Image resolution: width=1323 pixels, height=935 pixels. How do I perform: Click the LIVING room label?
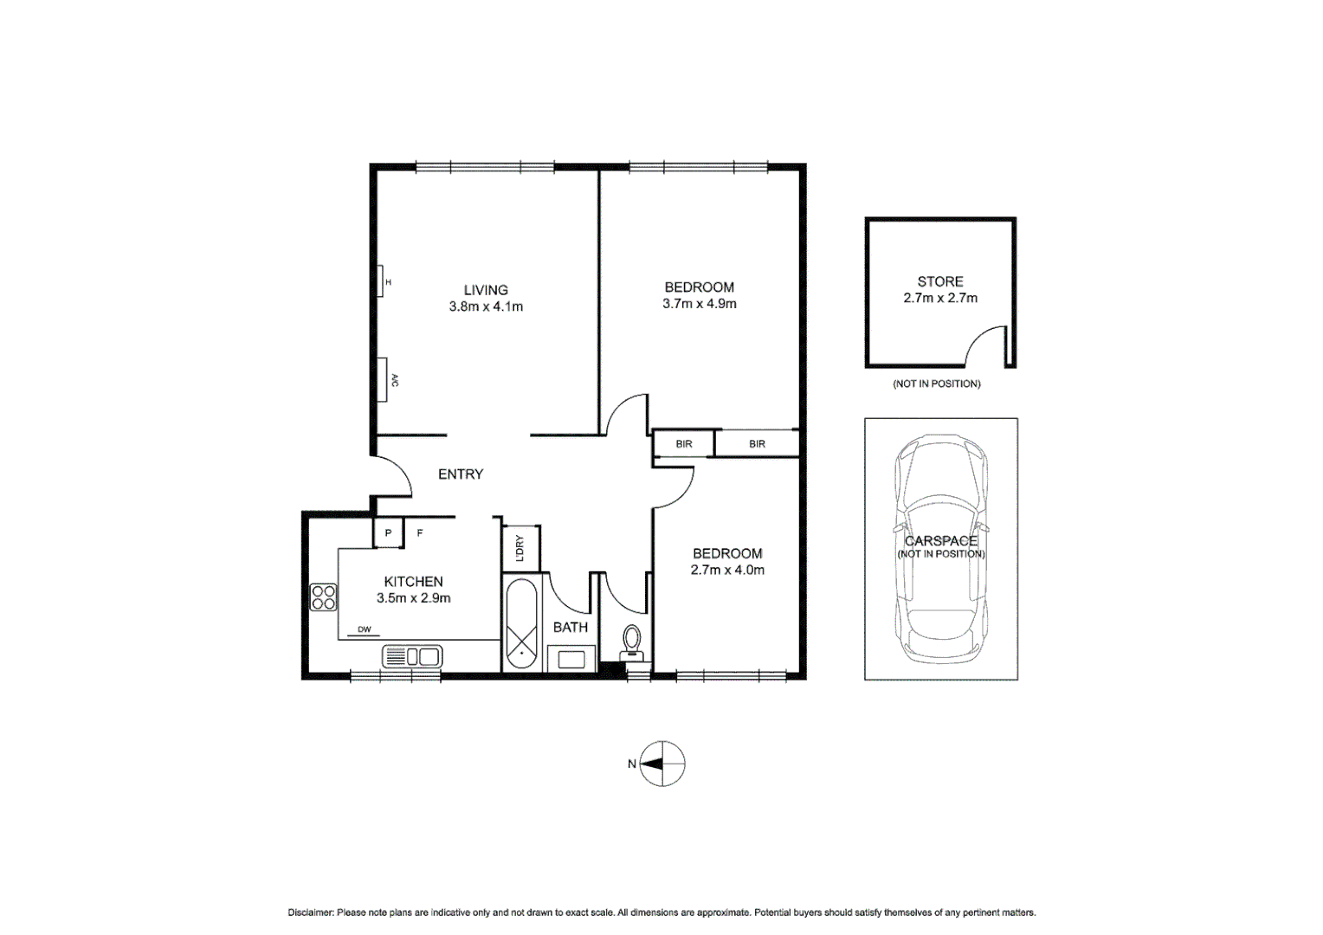click(x=485, y=290)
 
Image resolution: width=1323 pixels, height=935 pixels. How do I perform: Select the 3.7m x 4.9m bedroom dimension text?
click(x=699, y=304)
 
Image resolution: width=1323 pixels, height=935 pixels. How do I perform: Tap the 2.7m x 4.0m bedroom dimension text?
click(x=727, y=570)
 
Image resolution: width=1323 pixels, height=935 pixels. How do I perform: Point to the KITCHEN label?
click(x=413, y=582)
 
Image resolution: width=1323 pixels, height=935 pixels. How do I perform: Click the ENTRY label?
click(x=460, y=474)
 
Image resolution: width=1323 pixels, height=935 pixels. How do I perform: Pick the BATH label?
click(x=570, y=627)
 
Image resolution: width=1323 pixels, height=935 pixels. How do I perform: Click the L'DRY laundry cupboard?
click(x=520, y=548)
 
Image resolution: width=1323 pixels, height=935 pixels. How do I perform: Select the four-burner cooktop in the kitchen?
click(x=323, y=597)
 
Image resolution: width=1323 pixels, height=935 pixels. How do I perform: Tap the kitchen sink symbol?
click(x=412, y=656)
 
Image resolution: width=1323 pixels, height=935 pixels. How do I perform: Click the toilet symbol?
click(x=632, y=644)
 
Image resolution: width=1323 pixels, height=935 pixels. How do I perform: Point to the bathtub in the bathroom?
click(x=521, y=623)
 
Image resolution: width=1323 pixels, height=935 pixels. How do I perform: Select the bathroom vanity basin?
click(x=571, y=660)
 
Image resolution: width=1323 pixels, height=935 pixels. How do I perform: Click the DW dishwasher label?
click(x=364, y=629)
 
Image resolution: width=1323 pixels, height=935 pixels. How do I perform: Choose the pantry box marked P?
click(x=388, y=533)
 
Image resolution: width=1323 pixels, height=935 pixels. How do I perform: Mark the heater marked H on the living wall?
click(x=380, y=281)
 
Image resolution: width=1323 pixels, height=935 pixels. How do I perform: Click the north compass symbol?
click(x=662, y=764)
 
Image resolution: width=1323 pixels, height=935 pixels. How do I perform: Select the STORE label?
click(x=939, y=281)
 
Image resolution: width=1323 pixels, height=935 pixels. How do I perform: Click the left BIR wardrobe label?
click(x=684, y=444)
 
